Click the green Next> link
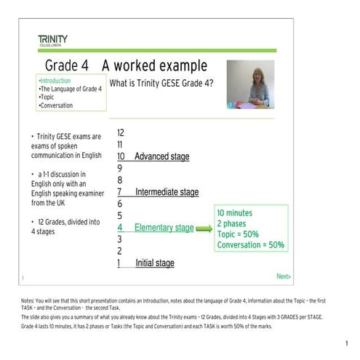tap(283, 276)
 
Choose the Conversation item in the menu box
tap(57, 105)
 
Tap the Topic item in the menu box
tap(48, 97)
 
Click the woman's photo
tap(250, 84)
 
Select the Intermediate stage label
tap(167, 192)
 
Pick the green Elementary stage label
tap(164, 228)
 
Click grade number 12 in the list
tap(121, 133)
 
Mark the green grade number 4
tap(120, 228)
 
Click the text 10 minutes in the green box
tap(234, 212)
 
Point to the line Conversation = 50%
tap(251, 245)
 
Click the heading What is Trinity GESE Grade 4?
tap(161, 83)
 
